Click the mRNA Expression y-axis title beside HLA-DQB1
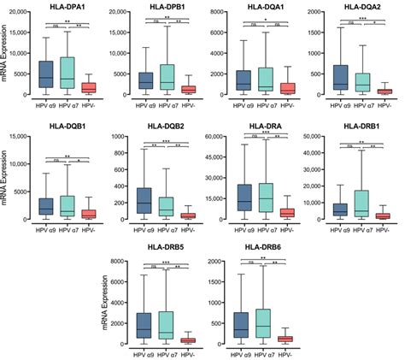(6, 179)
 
